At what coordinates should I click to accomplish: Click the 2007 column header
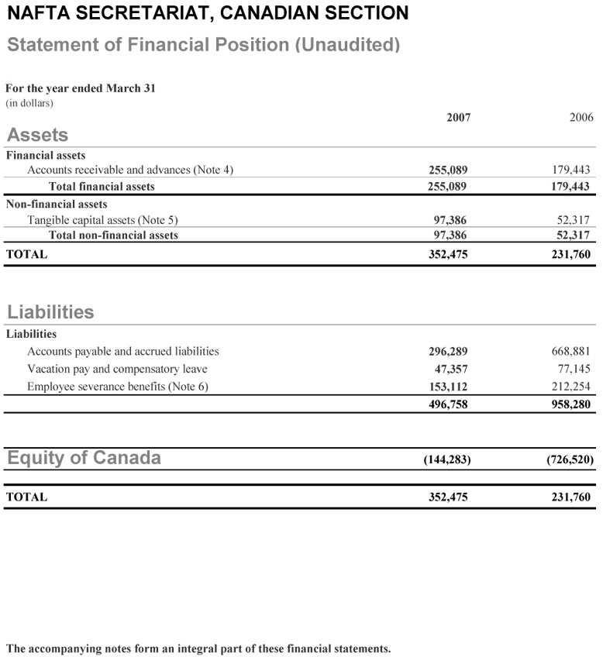[x=458, y=118]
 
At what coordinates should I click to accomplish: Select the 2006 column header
[x=581, y=118]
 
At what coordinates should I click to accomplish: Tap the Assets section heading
[x=37, y=134]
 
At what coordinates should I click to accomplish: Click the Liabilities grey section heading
[x=50, y=312]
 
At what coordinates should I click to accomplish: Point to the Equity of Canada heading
[x=84, y=458]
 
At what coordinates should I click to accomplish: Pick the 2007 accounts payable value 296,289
[x=448, y=352]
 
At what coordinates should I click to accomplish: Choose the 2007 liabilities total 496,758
[x=448, y=404]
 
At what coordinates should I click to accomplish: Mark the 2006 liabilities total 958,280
[x=572, y=404]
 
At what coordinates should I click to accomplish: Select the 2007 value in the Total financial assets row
[x=448, y=187]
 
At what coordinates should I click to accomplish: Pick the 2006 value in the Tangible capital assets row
[x=575, y=220]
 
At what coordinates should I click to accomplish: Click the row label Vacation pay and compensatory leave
[x=117, y=369]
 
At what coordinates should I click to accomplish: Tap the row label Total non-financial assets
[x=113, y=236]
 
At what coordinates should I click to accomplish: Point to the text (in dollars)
[x=29, y=102]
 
